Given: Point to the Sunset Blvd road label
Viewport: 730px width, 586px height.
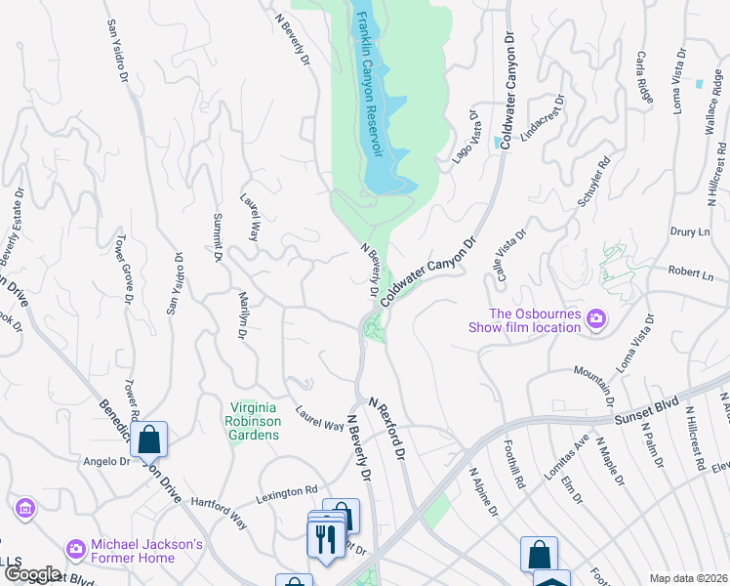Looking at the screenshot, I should (x=646, y=414).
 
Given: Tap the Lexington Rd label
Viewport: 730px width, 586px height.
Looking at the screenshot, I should (x=287, y=493).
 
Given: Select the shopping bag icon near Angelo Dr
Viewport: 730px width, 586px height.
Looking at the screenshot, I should (x=149, y=439).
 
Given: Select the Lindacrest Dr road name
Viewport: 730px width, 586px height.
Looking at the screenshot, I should (x=542, y=119).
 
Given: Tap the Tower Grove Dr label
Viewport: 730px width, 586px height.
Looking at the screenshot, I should (x=122, y=269).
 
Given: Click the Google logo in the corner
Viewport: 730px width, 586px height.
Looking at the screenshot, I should (x=31, y=574).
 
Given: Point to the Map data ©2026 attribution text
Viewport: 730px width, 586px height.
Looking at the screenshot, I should (x=688, y=577).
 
